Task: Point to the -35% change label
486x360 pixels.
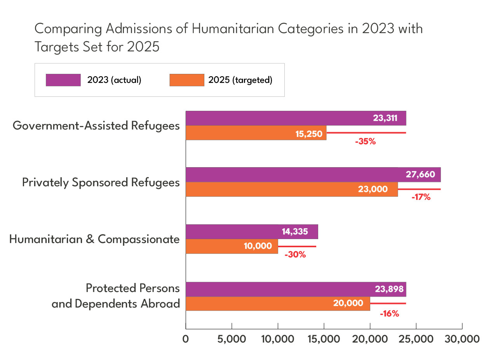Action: point(365,142)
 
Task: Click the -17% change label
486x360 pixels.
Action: point(421,197)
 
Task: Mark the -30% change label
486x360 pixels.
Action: point(295,255)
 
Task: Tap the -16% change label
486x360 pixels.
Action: point(389,313)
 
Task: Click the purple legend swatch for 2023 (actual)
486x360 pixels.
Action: point(63,80)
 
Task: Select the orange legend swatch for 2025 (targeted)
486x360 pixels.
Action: point(187,80)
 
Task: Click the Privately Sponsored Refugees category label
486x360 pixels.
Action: point(101,182)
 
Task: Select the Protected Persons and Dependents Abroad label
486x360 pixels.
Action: point(116,296)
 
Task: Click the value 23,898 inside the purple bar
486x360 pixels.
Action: point(389,289)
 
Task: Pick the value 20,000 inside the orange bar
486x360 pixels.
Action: point(348,303)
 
